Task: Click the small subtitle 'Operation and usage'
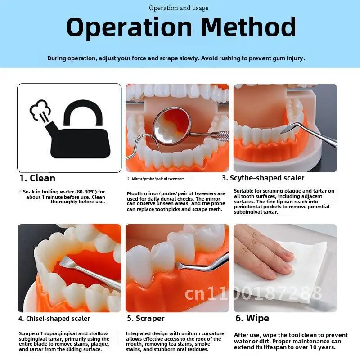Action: pyautogui.click(x=179, y=8)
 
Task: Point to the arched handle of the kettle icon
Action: pyautogui.click(x=83, y=110)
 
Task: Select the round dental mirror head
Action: pyautogui.click(x=172, y=126)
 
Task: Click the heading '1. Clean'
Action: pyautogui.click(x=37, y=178)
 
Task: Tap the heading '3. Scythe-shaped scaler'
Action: pyautogui.click(x=263, y=178)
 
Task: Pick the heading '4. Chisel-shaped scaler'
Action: pyautogui.click(x=54, y=319)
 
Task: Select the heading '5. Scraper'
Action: pyautogui.click(x=146, y=318)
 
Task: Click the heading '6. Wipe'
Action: pyautogui.click(x=252, y=318)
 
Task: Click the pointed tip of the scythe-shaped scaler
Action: pyautogui.click(x=282, y=133)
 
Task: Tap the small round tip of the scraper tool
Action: pyautogui.click(x=178, y=265)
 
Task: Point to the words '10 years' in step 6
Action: pyautogui.click(x=324, y=347)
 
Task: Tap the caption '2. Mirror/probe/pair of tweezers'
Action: pyautogui.click(x=156, y=179)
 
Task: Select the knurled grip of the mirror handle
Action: pyautogui.click(x=221, y=136)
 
